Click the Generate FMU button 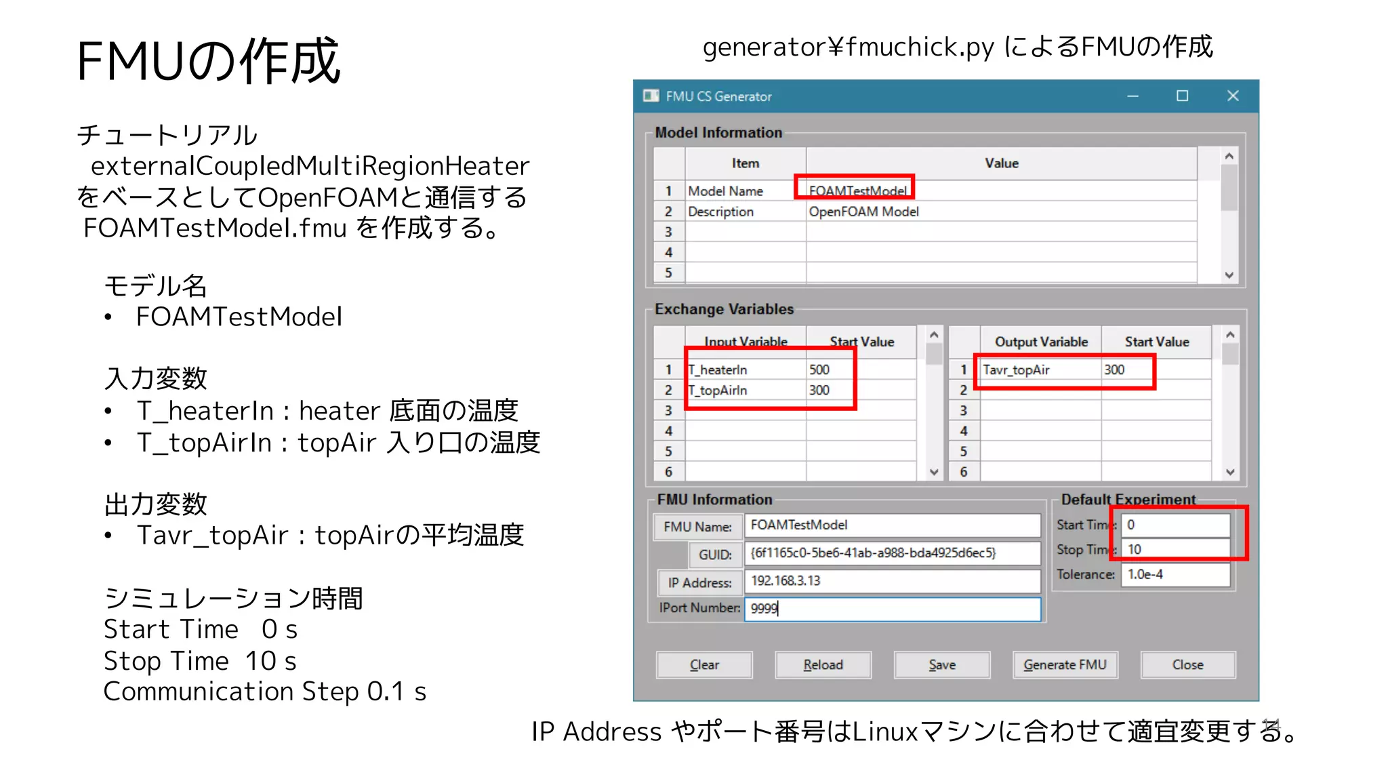point(1065,664)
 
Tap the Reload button point(823,664)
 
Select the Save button point(942,664)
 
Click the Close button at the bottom point(1187,664)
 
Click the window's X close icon point(1233,96)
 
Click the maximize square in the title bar point(1182,96)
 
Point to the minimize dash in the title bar point(1132,96)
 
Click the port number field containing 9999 point(892,608)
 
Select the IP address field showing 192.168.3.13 point(892,581)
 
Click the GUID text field point(892,553)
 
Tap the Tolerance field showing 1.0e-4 point(1175,574)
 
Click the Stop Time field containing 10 point(1175,549)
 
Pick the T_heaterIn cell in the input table point(745,369)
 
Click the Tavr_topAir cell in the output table point(1040,369)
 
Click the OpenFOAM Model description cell point(1000,212)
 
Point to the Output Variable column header point(1041,342)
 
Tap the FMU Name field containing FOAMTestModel point(892,525)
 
